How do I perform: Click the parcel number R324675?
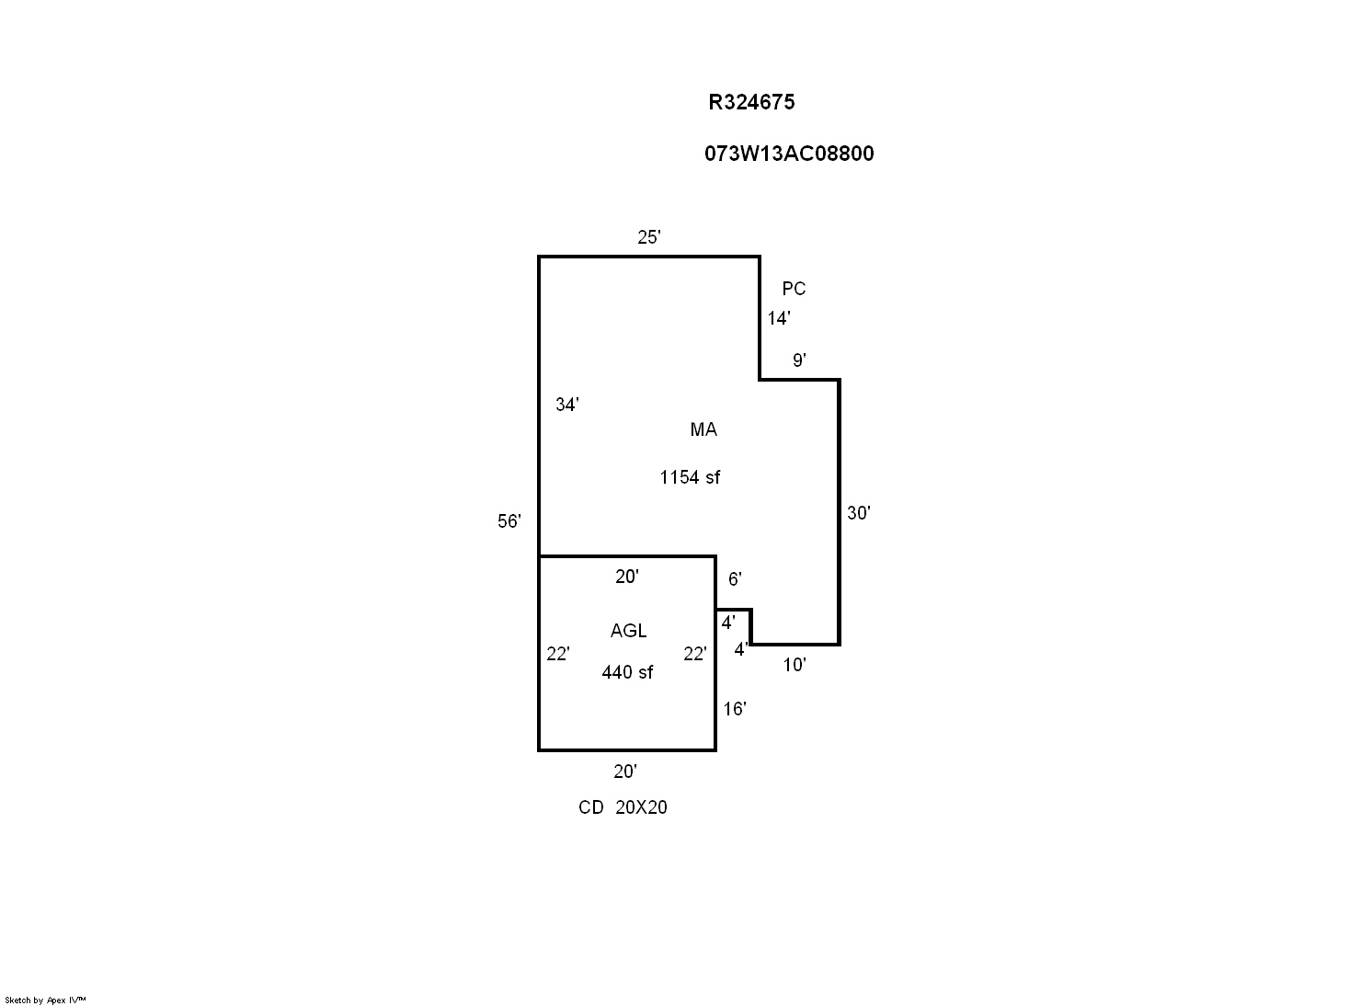751,102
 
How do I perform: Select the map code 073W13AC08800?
789,154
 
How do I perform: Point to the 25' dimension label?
648,237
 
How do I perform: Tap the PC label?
794,289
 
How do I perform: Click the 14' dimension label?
779,318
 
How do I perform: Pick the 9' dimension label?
799,360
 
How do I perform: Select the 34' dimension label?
567,405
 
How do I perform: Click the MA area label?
703,429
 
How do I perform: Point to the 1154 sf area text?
690,477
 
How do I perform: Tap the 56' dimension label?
509,520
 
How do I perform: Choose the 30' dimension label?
859,513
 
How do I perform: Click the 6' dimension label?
735,579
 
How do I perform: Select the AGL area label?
628,631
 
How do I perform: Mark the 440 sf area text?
627,672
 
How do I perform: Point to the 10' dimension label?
795,665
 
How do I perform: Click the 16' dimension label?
735,709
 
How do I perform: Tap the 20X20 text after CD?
641,807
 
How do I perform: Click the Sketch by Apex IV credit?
45,1000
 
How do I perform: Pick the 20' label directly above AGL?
627,577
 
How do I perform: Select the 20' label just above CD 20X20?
625,772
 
